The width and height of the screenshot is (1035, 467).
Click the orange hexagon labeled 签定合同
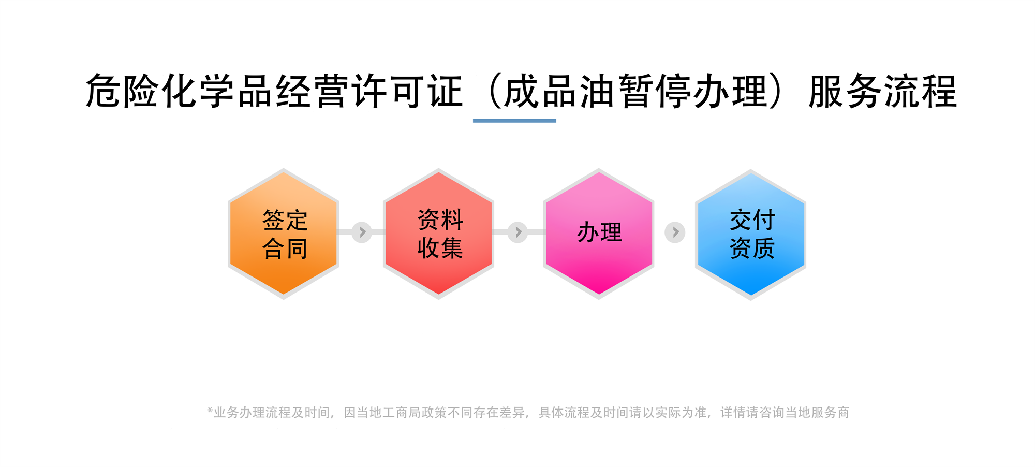284,233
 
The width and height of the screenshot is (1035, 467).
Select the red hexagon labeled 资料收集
438,233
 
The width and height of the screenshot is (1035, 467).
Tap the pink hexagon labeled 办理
599,233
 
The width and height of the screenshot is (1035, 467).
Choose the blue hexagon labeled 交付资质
750,235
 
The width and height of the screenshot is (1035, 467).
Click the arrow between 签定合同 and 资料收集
362,232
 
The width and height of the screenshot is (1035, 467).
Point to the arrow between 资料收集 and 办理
517,232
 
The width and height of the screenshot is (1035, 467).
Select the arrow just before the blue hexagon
675,232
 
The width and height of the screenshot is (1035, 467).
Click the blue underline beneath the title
514,121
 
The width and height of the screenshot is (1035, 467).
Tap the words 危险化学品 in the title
179,91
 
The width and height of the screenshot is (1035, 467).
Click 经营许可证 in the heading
369,91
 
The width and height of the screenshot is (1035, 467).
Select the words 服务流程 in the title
883,91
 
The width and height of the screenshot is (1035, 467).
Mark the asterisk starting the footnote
210,411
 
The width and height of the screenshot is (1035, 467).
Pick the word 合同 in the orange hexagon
285,249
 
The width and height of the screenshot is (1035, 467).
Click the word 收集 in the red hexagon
440,248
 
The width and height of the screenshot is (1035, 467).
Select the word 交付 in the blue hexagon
752,220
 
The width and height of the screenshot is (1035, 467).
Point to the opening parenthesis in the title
494,91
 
